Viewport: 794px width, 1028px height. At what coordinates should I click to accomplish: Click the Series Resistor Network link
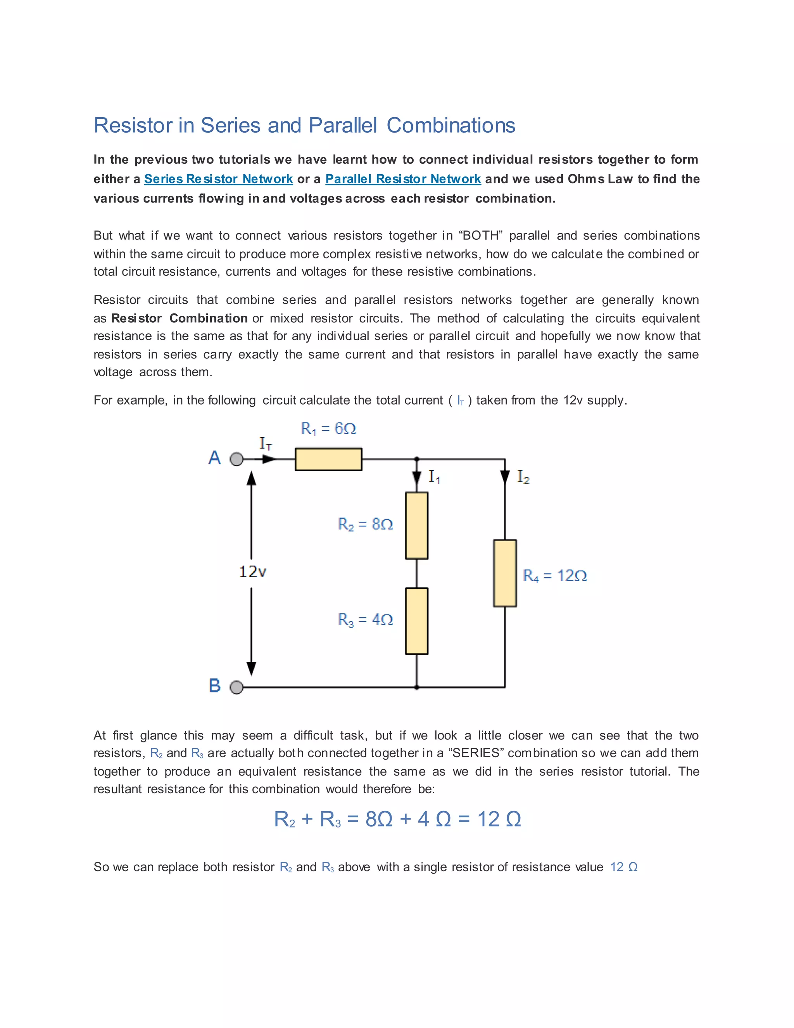[218, 179]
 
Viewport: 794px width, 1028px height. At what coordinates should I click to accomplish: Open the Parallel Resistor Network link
[403, 179]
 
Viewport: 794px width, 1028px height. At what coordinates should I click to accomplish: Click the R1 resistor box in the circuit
[328, 459]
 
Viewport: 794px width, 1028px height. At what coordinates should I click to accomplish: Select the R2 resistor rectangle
[416, 525]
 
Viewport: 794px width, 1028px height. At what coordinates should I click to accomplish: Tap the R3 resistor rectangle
[416, 621]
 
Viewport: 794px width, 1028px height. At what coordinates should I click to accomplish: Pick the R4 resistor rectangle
[505, 573]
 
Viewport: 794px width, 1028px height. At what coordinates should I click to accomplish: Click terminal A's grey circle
[236, 459]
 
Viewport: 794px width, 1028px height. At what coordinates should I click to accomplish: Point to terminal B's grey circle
[236, 688]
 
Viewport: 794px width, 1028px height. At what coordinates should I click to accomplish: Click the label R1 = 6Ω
[328, 428]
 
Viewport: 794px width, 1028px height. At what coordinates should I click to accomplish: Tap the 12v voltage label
[253, 572]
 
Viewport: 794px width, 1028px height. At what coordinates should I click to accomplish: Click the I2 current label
[523, 477]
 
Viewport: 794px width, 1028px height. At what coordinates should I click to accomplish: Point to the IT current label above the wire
[265, 443]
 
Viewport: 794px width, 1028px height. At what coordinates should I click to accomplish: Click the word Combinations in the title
[451, 125]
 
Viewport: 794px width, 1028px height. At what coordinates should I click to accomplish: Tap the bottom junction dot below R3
[417, 688]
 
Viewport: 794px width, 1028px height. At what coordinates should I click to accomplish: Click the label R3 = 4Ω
[366, 620]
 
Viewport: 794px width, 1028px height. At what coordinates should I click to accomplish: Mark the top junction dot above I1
[417, 459]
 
